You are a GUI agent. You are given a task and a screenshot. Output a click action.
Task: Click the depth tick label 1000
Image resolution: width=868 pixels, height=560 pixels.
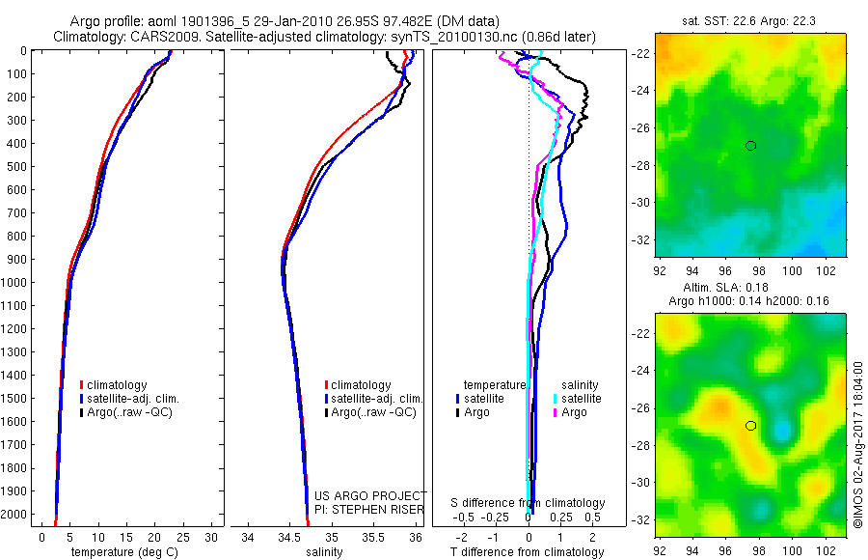tap(14, 283)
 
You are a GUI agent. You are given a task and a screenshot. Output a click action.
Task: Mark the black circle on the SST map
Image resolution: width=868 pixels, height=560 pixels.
tap(750, 146)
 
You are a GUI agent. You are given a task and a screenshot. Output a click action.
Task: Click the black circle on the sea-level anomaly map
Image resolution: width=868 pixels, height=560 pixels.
tap(750, 426)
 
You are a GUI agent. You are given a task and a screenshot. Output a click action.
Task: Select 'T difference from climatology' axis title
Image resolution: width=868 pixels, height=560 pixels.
tap(528, 552)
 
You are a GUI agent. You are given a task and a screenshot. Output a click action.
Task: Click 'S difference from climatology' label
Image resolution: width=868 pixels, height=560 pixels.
tap(528, 503)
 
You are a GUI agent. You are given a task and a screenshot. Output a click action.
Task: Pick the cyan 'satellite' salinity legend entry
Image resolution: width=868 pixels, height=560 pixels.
tap(582, 399)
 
